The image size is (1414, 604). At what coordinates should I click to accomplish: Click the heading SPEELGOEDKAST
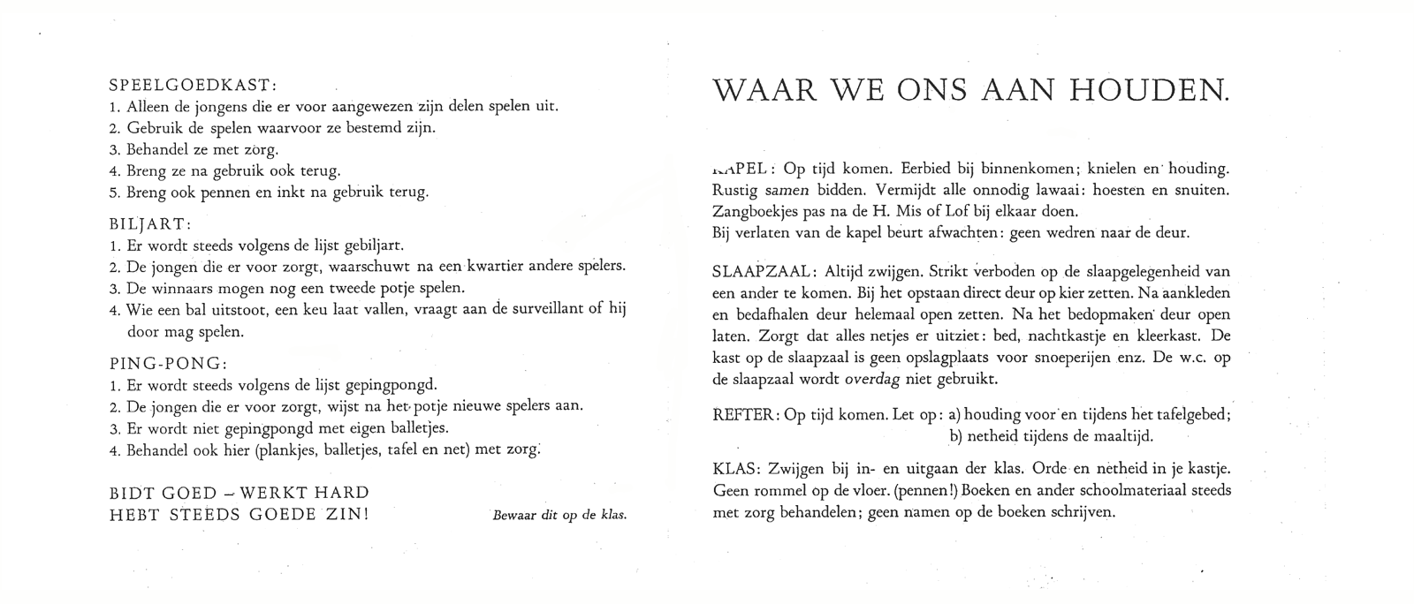point(192,86)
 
